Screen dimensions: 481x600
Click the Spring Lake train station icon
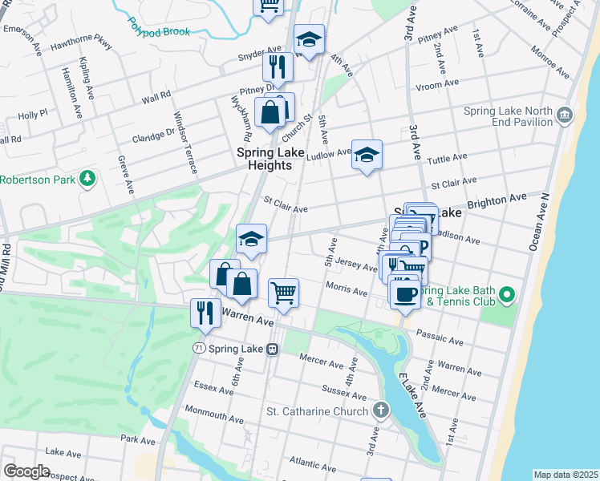point(273,349)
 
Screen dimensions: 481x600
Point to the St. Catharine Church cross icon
point(381,411)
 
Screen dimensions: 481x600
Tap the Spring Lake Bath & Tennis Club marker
point(506,296)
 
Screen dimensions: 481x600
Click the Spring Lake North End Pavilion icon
point(564,115)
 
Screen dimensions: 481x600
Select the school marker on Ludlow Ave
point(367,155)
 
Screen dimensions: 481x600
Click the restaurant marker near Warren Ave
point(205,313)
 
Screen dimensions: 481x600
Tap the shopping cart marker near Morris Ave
point(283,293)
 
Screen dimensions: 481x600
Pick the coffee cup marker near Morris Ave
point(405,294)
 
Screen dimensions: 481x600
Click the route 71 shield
point(198,348)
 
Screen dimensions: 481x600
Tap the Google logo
point(26,471)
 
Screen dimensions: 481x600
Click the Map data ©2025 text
point(566,475)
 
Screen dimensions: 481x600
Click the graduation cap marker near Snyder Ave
point(308,39)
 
